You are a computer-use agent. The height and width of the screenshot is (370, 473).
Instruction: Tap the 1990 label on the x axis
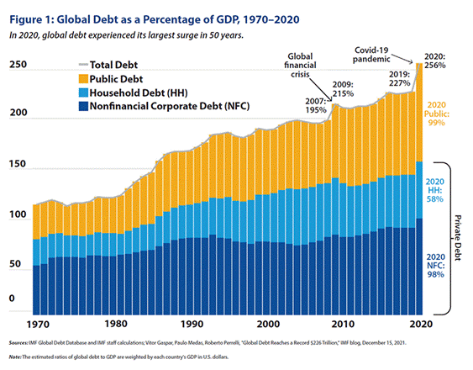(x=192, y=324)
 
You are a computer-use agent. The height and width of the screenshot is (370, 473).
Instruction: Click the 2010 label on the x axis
(x=344, y=324)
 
